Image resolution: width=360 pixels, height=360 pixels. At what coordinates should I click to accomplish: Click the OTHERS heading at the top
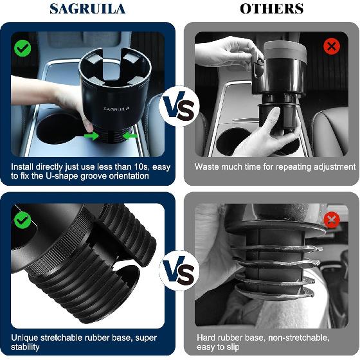[271, 8]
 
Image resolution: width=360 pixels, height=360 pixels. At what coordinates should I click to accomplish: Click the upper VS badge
[179, 107]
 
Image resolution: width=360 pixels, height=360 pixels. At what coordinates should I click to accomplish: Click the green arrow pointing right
[94, 136]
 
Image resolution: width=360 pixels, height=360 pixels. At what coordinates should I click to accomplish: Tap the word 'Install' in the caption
[23, 166]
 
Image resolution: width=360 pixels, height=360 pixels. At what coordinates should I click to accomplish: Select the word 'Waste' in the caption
[208, 166]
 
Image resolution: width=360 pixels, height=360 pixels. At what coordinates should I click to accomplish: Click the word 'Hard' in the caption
[206, 337]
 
